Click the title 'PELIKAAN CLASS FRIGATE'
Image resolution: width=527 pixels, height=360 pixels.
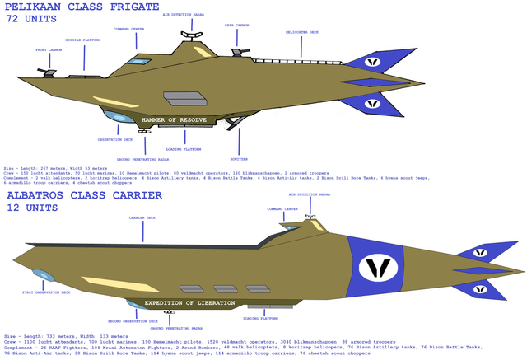(82, 7)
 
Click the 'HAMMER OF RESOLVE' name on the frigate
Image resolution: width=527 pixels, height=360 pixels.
(174, 120)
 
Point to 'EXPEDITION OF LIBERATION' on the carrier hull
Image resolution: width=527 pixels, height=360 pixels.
(189, 303)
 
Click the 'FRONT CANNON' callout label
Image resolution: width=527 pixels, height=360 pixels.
(48, 49)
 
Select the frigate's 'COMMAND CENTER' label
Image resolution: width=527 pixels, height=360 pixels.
(128, 28)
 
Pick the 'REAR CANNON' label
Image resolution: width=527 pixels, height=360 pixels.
(236, 25)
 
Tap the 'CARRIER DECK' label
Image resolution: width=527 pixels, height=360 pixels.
(142, 217)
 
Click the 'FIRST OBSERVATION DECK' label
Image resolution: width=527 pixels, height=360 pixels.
(46, 292)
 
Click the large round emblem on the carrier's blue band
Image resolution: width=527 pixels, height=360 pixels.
(379, 267)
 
